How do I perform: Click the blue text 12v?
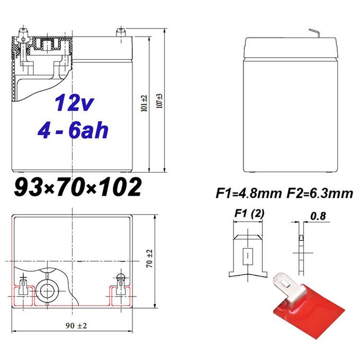coord(74,103)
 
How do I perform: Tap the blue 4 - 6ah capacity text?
coord(73,130)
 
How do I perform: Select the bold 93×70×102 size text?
coord(78,187)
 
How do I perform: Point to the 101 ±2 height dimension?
coord(144,103)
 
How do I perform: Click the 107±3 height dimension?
coord(159,101)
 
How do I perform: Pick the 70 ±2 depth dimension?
coord(149,258)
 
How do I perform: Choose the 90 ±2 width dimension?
coord(76,326)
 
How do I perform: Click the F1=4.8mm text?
coord(249,193)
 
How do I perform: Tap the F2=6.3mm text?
coord(320,193)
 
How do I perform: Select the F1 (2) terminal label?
coord(249,213)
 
